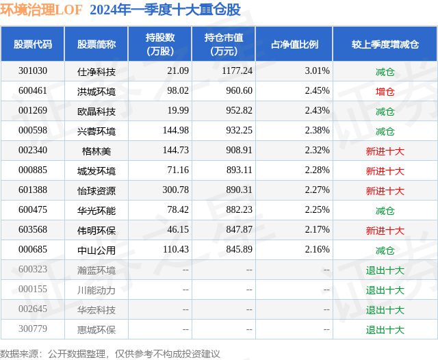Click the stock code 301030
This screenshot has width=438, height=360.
[33, 70]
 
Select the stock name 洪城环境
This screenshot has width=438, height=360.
[96, 91]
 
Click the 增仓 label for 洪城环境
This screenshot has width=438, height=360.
[385, 91]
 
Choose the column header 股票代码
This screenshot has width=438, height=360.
[33, 44]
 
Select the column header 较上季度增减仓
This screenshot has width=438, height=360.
[385, 44]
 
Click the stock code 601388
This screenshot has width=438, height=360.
[33, 190]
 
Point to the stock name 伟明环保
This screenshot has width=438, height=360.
[96, 230]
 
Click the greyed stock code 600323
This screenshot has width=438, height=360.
[33, 270]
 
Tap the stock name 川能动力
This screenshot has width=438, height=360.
[96, 290]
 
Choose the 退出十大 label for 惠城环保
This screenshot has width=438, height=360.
[385, 329]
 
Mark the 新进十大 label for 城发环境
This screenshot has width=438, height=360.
[385, 170]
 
